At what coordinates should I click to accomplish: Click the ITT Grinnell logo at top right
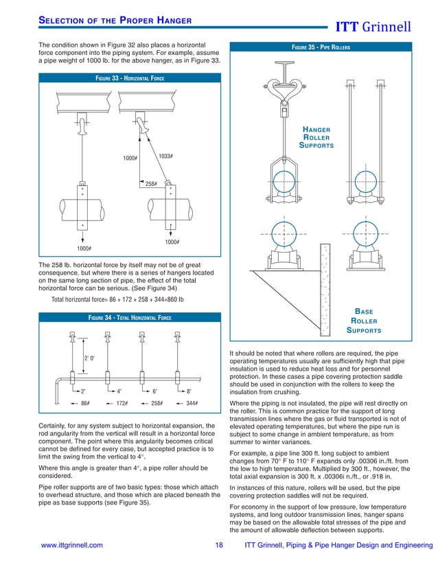pos(372,27)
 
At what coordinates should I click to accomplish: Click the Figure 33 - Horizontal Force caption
pos(129,78)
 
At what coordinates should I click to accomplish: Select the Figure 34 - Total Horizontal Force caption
pos(129,317)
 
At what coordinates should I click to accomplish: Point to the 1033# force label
pos(165,157)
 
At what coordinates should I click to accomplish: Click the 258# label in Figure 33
pos(151,184)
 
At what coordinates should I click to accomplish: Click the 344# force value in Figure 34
pos(192,404)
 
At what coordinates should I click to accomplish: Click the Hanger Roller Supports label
pos(316,137)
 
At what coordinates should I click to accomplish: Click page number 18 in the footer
pos(220,546)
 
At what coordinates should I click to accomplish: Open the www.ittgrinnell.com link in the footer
pos(72,546)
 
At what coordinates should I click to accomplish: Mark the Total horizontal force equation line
pos(117,299)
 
